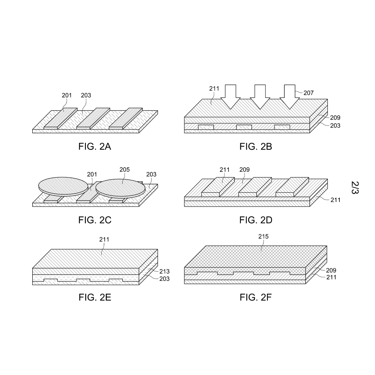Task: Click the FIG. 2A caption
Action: [95, 146]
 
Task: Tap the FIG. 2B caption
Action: [256, 146]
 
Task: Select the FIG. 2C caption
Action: [95, 220]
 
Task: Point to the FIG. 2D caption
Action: [256, 220]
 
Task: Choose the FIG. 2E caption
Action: [95, 297]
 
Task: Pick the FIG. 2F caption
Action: [256, 297]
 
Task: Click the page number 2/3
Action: [355, 187]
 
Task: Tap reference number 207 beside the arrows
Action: [309, 93]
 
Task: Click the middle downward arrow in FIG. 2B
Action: [260, 97]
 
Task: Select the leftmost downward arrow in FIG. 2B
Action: [230, 97]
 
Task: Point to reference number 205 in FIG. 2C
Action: [124, 169]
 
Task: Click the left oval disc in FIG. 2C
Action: [63, 186]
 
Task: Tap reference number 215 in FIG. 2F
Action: [263, 236]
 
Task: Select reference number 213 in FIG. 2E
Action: [164, 271]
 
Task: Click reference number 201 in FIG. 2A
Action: [67, 95]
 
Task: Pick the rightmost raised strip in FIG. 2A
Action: [126, 118]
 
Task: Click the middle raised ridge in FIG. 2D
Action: [255, 187]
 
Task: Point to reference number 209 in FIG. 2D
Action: [244, 169]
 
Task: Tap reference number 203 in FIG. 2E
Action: [164, 279]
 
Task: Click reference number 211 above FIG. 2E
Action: [104, 239]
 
